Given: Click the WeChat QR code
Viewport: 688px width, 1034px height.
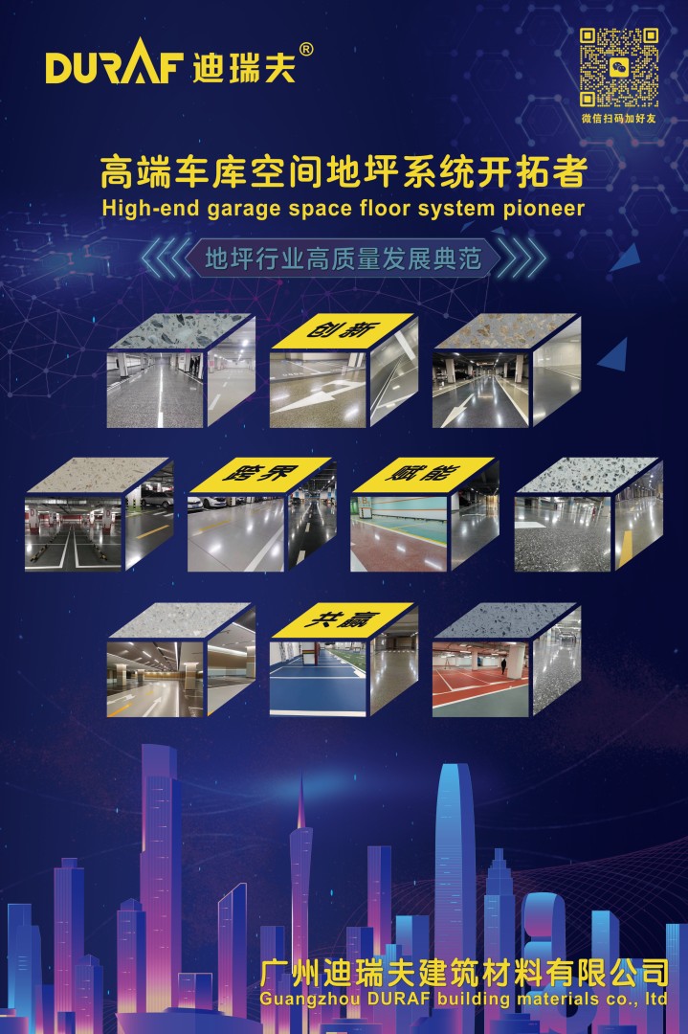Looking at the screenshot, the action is click(619, 67).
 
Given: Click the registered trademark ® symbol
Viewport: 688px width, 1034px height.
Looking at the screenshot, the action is click(306, 50).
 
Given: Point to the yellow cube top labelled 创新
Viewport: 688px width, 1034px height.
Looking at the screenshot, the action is click(343, 330).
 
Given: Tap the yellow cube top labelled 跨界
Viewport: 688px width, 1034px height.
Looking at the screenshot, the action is click(259, 475).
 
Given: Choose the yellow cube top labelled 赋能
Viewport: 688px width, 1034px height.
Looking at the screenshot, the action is click(422, 475).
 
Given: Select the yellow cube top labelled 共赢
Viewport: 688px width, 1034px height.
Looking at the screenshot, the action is click(343, 619).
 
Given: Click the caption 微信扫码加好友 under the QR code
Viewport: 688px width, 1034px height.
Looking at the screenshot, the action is click(619, 119).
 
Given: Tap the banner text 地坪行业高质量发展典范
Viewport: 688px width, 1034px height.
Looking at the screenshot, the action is click(344, 258).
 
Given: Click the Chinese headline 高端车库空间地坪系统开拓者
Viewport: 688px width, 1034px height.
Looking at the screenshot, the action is click(344, 171).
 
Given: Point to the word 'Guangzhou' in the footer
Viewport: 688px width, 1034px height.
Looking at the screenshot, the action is click(310, 999).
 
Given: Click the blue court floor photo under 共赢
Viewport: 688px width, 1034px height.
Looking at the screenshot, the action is click(319, 679).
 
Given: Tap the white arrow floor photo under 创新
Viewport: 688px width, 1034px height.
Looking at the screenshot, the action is click(318, 389).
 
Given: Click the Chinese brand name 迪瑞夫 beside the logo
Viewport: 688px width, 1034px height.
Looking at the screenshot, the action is click(244, 68).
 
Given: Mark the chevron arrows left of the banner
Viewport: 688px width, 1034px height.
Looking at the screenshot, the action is click(165, 258).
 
